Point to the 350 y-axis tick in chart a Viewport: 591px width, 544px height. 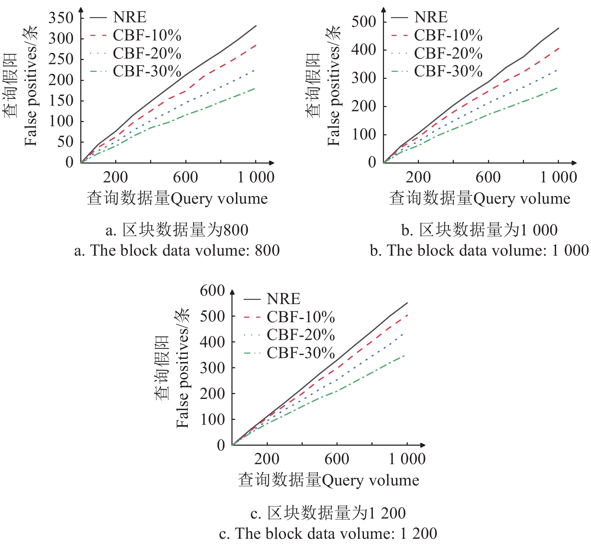point(61,17)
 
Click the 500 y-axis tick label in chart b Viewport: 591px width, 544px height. point(363,22)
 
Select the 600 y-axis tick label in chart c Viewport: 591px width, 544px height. point(212,290)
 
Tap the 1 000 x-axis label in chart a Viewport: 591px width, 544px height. point(256,177)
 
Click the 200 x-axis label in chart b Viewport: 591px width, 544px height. point(418,177)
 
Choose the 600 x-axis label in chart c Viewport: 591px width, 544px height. point(337,459)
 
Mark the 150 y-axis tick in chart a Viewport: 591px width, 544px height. point(61,100)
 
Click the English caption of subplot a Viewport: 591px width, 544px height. point(177,250)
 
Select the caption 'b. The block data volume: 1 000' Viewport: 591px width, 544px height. point(479,250)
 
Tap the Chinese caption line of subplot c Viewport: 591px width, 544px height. point(328,513)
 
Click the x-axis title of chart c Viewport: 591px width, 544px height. point(328,480)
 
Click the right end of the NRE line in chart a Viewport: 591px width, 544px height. point(256,26)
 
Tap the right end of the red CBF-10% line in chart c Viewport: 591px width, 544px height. point(407,315)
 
